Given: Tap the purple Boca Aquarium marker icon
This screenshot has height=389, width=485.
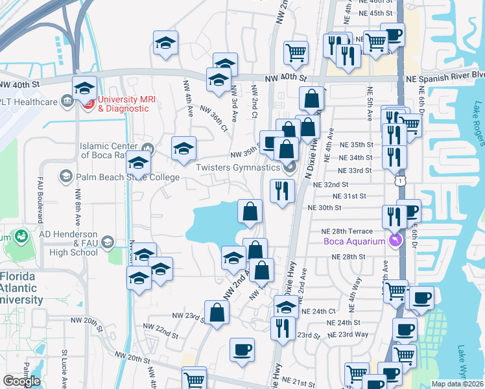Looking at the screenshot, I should pos(396,241).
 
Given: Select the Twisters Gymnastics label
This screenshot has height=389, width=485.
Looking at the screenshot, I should pos(238,167).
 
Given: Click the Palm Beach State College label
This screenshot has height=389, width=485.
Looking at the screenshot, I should pos(128,176).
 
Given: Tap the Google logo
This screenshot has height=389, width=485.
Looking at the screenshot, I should pos(21,381).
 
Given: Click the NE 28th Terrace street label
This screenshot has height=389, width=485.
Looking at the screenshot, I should pos(347,231).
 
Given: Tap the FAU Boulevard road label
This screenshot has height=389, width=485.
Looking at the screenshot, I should pos(40,200).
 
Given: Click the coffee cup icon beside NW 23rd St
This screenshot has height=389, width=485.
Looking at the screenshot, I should pos(242,350).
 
